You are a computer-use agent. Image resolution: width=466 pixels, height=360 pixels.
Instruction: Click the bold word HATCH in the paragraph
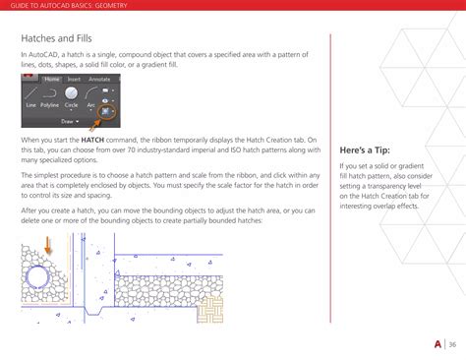click(94, 140)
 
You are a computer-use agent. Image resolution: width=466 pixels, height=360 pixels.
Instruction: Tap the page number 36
click(451, 343)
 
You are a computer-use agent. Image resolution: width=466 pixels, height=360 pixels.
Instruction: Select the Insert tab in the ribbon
click(74, 78)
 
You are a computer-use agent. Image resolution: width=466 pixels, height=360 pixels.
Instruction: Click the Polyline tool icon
click(51, 93)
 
